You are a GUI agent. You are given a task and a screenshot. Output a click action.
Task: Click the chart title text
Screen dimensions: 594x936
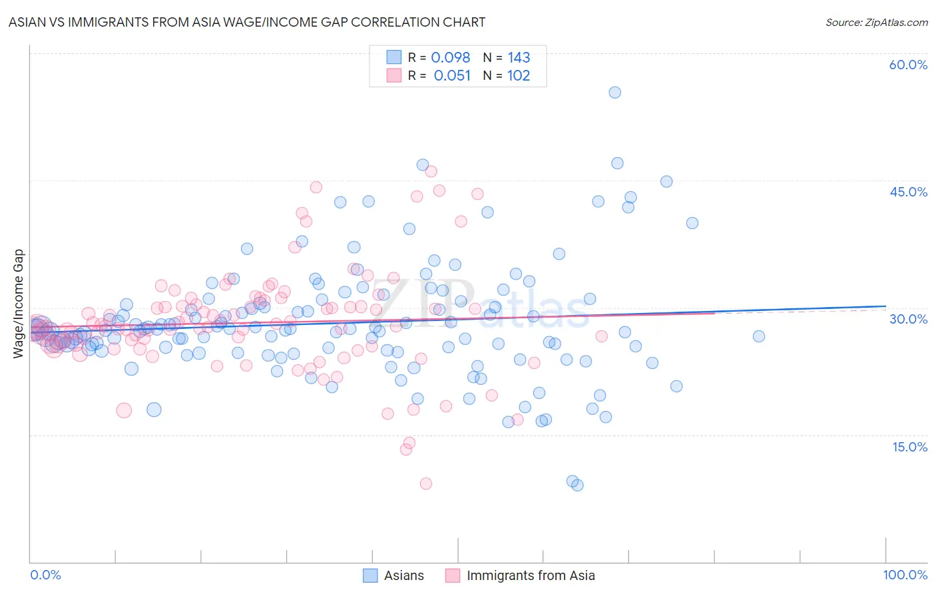[x=247, y=22]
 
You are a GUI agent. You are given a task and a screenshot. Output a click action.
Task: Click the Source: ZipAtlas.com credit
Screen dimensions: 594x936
[x=876, y=22]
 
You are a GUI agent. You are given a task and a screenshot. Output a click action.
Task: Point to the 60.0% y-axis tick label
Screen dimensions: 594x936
[x=908, y=65]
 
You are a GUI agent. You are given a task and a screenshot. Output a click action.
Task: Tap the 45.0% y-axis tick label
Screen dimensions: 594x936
[x=908, y=192]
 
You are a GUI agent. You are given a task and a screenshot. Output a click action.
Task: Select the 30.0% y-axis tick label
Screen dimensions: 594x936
[x=908, y=319]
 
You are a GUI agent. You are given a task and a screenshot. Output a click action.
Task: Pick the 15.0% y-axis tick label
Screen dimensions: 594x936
[x=909, y=446]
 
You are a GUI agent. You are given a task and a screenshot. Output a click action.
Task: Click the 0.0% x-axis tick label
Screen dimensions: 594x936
[x=46, y=575]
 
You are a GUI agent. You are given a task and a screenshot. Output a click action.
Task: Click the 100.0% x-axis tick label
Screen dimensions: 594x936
[x=905, y=575]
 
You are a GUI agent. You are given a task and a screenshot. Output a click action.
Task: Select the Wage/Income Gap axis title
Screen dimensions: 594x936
[x=19, y=304]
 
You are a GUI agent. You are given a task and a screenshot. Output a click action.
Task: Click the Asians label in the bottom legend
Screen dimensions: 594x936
[x=404, y=575]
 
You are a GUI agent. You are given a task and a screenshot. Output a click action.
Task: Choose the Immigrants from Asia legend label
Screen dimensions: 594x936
[x=531, y=575]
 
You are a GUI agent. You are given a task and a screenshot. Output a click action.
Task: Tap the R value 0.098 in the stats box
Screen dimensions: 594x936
[x=451, y=57]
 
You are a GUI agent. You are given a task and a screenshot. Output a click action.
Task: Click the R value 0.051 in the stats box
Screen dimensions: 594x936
[x=452, y=75]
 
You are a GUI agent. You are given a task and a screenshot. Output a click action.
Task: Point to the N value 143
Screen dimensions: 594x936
[x=519, y=57]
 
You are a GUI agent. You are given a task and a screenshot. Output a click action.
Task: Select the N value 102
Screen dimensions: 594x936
[x=519, y=75]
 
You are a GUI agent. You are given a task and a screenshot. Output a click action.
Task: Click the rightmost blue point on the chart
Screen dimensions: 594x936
[x=758, y=336]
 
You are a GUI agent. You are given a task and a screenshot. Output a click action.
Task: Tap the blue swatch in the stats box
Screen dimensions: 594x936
[x=394, y=57]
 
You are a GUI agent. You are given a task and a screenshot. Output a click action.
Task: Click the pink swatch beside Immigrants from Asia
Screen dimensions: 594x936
[x=453, y=575]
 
